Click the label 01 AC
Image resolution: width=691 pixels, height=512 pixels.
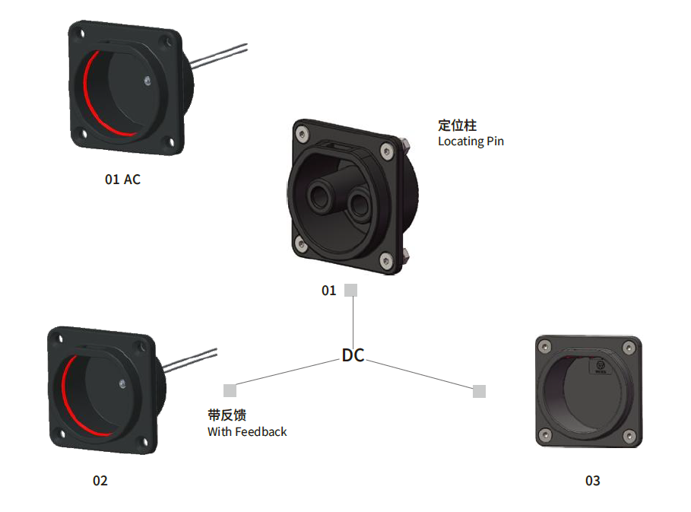pyautogui.click(x=122, y=180)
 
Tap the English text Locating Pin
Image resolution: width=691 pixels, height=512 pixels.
pyautogui.click(x=471, y=142)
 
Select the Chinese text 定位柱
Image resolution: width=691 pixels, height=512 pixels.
pyautogui.click(x=457, y=126)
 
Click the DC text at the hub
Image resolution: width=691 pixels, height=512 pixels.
pyautogui.click(x=353, y=355)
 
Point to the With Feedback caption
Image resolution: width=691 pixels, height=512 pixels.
pyautogui.click(x=247, y=431)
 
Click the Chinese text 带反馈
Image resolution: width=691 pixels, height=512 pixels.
pyautogui.click(x=227, y=415)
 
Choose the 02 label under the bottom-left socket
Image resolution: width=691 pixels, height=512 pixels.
pyautogui.click(x=100, y=481)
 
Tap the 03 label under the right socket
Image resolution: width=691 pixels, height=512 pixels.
pyautogui.click(x=592, y=481)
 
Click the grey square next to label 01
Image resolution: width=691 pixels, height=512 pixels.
pyautogui.click(x=350, y=290)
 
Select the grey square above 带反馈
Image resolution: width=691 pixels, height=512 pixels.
pyautogui.click(x=230, y=391)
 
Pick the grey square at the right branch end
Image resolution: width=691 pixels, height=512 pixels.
pyautogui.click(x=480, y=391)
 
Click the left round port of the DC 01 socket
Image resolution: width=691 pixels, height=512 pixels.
pyautogui.click(x=319, y=197)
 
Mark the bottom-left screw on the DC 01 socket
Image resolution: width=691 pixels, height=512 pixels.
pyautogui.click(x=302, y=243)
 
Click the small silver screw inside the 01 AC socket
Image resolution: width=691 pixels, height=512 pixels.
pyautogui.click(x=147, y=81)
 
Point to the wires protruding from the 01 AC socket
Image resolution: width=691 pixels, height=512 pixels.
pyautogui.click(x=219, y=56)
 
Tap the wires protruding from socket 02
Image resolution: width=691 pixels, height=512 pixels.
pyautogui.click(x=190, y=361)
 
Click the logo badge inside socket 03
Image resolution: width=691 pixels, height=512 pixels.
pyautogui.click(x=600, y=366)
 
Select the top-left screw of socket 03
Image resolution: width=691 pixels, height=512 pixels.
pyautogui.click(x=546, y=347)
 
